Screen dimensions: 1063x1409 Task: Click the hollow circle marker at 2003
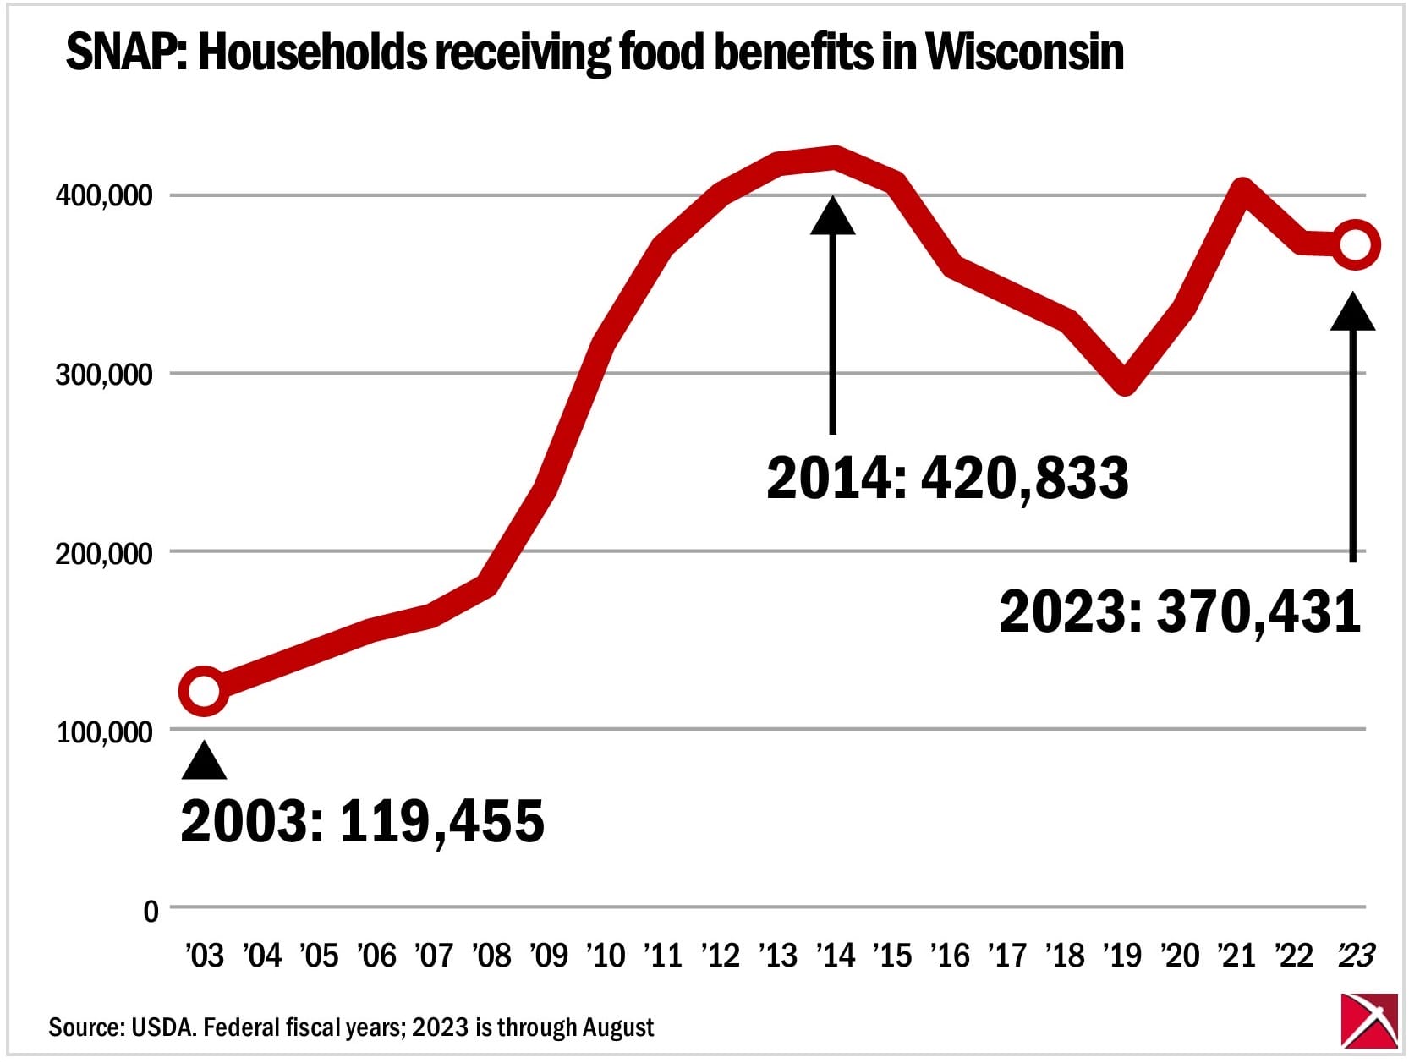pyautogui.click(x=204, y=691)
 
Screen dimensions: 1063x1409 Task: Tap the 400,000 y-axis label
pyautogui.click(x=104, y=196)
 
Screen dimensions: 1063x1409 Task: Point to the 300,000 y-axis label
pyautogui.click(x=104, y=375)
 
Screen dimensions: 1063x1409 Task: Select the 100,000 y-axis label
pyautogui.click(x=104, y=731)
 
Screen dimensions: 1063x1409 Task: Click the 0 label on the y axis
pyautogui.click(x=151, y=911)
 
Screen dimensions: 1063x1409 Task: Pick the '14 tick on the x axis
pyautogui.click(x=835, y=956)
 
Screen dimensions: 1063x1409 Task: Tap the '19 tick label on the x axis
pyautogui.click(x=1122, y=956)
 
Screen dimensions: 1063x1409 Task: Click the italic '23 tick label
pyautogui.click(x=1356, y=956)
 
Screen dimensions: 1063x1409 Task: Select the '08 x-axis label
pyautogui.click(x=491, y=956)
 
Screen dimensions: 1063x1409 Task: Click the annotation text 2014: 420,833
pyautogui.click(x=947, y=478)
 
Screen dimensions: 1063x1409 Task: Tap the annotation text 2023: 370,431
pyautogui.click(x=1180, y=611)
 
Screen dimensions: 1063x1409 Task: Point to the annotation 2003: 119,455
pyautogui.click(x=362, y=820)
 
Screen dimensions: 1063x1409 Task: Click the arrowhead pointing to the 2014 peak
pyautogui.click(x=833, y=216)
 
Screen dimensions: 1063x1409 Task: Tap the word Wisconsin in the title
pyautogui.click(x=1025, y=52)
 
